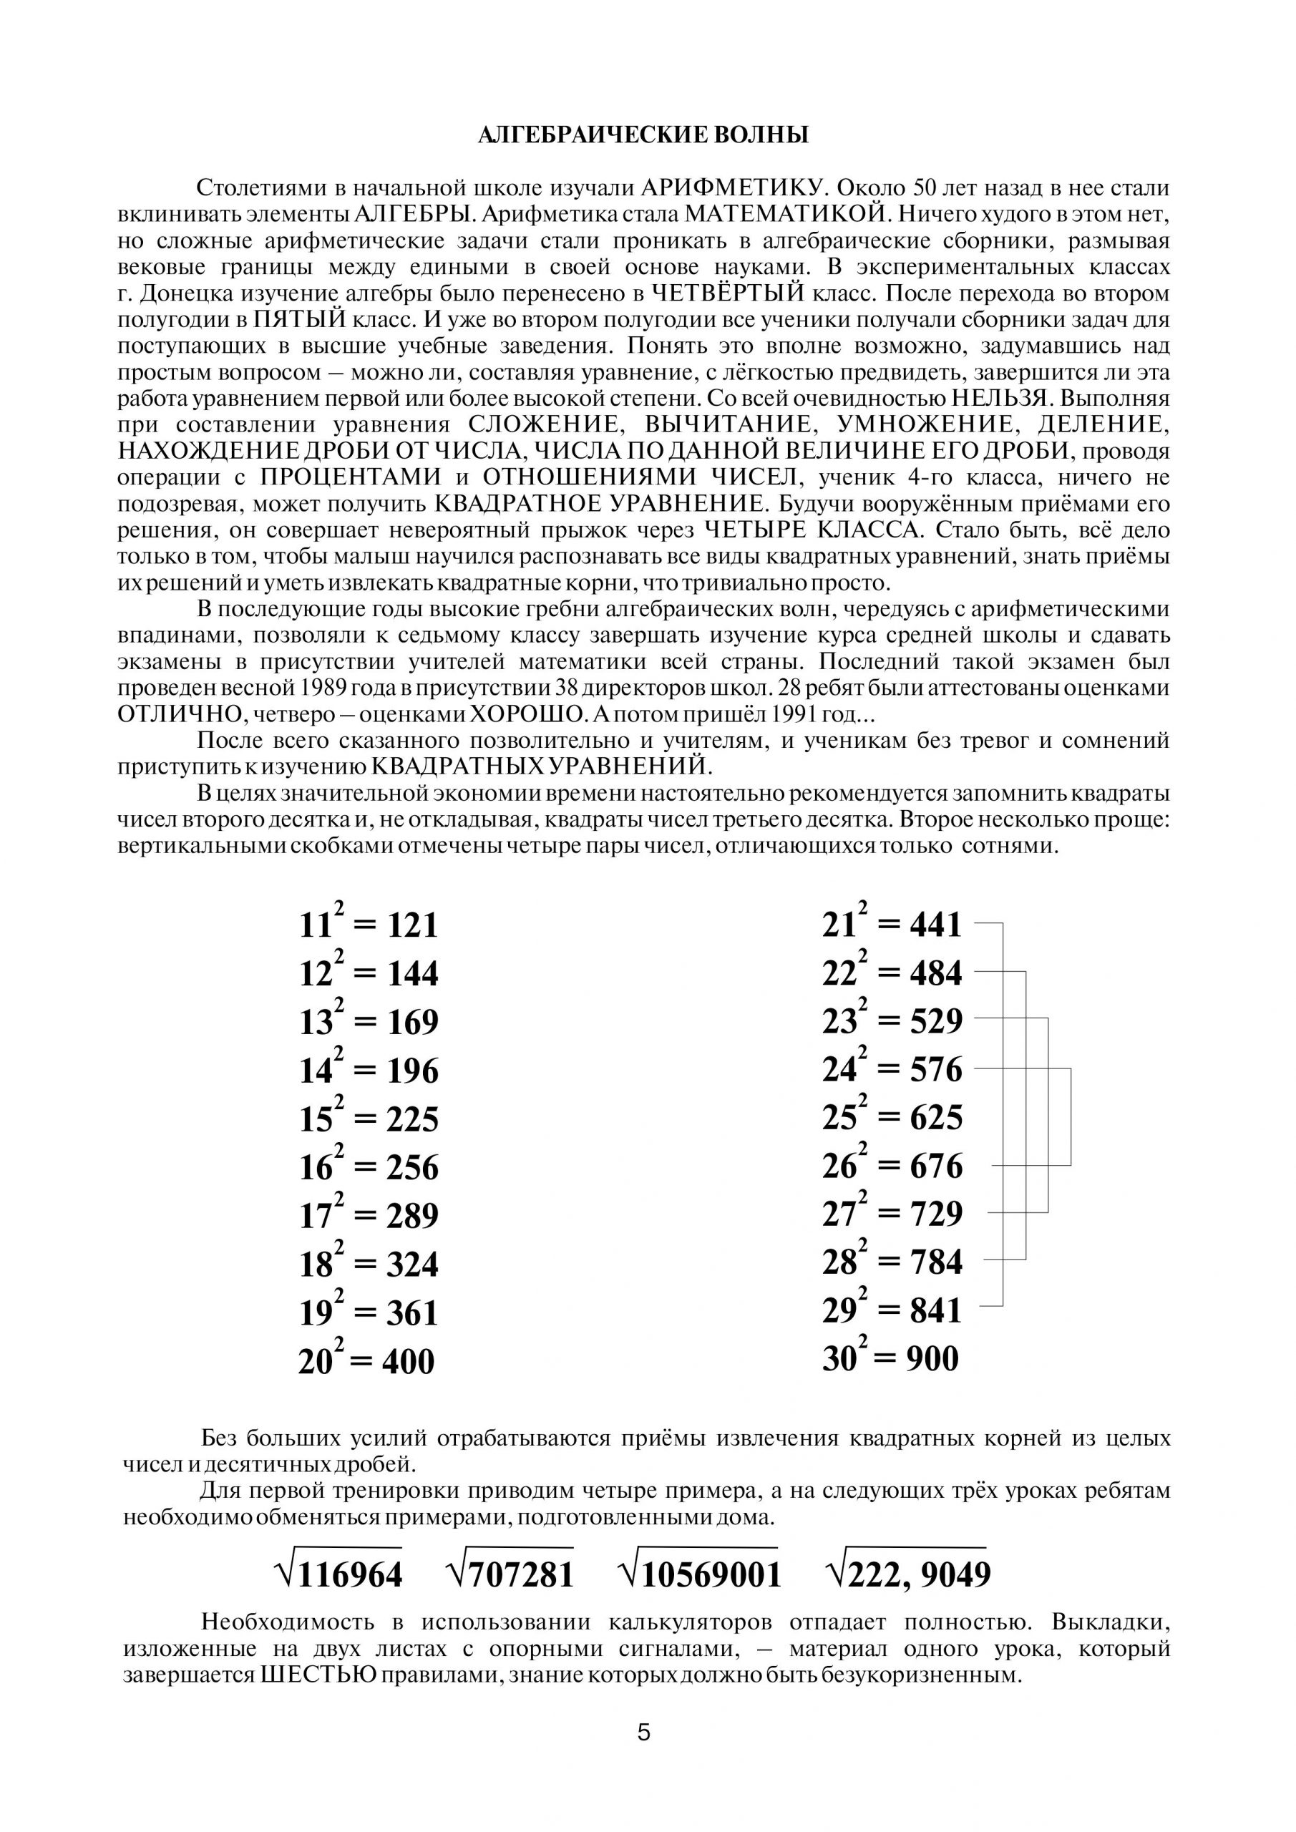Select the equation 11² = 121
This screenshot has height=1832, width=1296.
[369, 925]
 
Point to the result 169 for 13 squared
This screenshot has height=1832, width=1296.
[414, 1023]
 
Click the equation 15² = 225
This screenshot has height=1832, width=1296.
[369, 1119]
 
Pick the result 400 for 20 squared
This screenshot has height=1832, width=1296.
[408, 1362]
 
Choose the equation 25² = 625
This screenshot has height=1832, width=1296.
[892, 1117]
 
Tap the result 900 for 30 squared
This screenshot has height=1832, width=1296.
[932, 1359]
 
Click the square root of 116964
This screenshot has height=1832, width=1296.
[338, 1574]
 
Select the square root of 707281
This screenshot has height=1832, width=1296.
[510, 1574]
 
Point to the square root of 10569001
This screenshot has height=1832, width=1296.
[700, 1574]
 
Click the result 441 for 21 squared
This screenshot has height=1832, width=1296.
[936, 925]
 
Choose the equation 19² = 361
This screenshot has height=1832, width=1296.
[369, 1313]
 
